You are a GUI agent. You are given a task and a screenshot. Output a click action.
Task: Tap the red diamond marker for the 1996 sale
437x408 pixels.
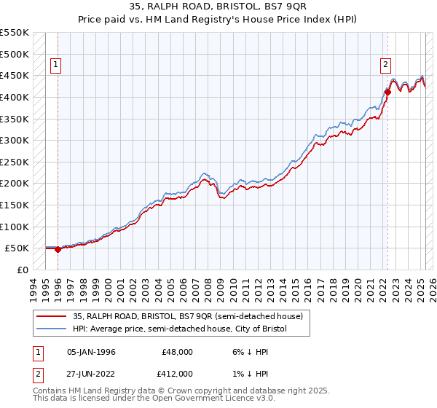pos(58,249)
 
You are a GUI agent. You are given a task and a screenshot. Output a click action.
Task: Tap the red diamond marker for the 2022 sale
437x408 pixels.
pos(387,93)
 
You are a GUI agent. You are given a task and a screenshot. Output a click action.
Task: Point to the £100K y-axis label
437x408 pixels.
pos(16,227)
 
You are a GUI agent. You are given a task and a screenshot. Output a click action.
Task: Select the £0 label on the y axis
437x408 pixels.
pos(23,270)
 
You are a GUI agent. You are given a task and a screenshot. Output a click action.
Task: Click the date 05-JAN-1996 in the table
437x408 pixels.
pos(91,352)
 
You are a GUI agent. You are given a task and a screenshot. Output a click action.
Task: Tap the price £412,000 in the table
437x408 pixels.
pos(178,373)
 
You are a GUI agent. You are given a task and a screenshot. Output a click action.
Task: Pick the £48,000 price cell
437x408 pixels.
pos(178,352)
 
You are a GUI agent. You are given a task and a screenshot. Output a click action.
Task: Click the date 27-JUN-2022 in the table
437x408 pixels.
pos(91,373)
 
